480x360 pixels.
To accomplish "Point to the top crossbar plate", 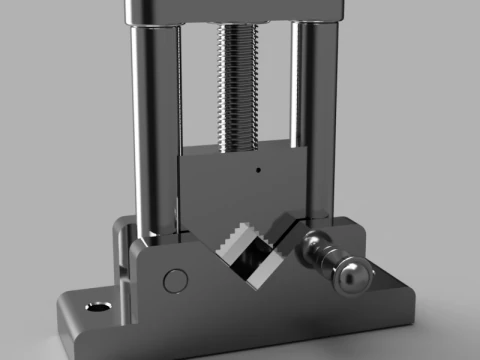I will click(x=235, y=10).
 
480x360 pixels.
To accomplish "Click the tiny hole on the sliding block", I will click(x=258, y=169).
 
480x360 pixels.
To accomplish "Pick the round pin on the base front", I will click(x=174, y=281).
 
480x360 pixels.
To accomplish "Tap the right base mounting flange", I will click(x=395, y=300).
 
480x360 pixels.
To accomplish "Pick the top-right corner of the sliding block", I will click(x=305, y=150).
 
